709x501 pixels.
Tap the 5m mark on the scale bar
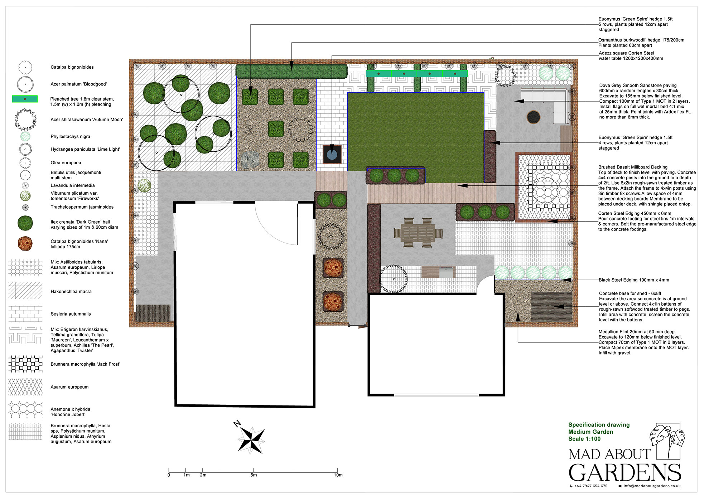[x=253, y=470]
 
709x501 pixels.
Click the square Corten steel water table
[x=332, y=154]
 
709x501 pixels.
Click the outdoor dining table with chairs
[x=418, y=233]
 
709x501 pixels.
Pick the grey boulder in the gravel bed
[x=250, y=160]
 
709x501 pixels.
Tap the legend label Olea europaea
[x=66, y=163]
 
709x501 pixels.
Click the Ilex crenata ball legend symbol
[x=25, y=223]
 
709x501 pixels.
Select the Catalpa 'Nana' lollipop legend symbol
[x=25, y=244]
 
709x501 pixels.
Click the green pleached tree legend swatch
[x=25, y=99]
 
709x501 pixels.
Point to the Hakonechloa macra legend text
[x=71, y=292]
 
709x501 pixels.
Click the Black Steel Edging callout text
[x=634, y=280]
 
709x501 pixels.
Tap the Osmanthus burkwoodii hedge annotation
[x=641, y=43]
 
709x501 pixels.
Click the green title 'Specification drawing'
[x=599, y=425]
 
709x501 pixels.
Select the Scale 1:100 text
[x=584, y=439]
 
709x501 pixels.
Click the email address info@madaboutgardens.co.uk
[x=652, y=486]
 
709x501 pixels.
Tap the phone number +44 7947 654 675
[x=590, y=486]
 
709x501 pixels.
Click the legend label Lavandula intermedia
[x=73, y=185]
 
